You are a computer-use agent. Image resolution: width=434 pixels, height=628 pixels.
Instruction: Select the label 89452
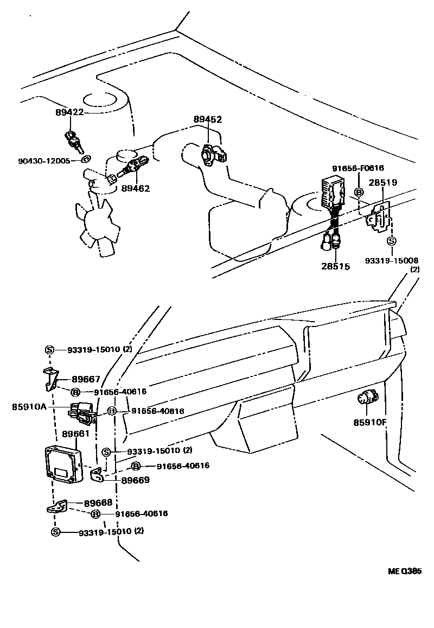(208, 119)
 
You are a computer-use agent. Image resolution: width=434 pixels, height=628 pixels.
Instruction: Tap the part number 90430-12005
(44, 161)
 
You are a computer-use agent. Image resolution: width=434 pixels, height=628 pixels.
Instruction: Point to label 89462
(136, 189)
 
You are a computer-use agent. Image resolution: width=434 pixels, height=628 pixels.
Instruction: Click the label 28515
(335, 266)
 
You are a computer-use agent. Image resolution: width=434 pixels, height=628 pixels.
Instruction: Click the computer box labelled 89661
(63, 463)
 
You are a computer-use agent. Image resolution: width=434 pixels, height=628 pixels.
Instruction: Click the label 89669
(136, 480)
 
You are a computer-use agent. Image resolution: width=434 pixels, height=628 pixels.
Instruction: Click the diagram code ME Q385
(404, 571)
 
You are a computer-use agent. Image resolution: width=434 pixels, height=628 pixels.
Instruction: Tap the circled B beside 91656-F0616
(359, 192)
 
